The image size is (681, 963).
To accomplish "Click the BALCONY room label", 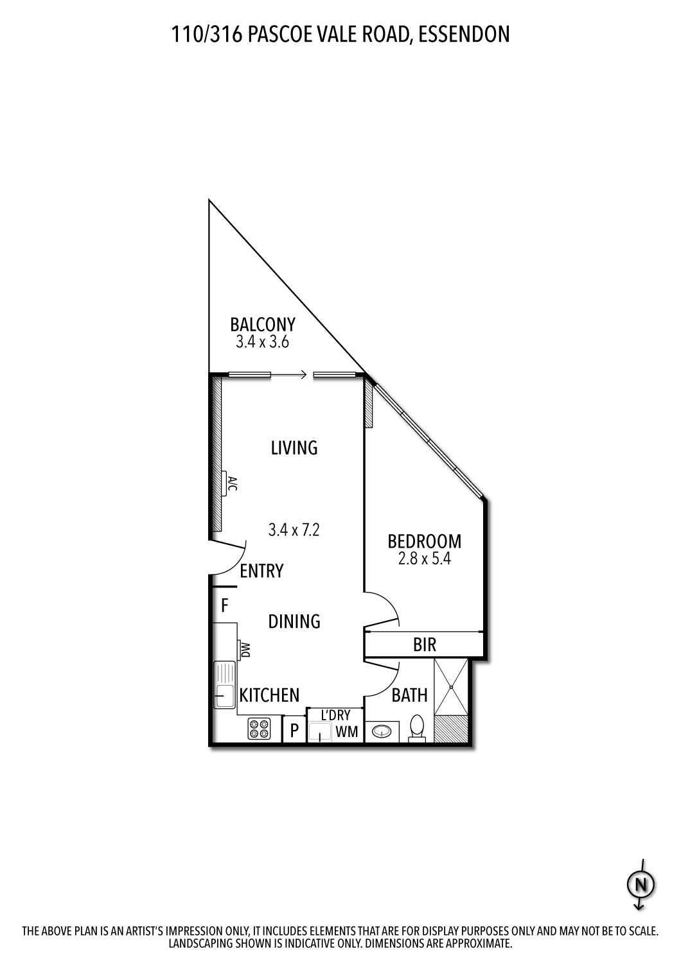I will point(263,324).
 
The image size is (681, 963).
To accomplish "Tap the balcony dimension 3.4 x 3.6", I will point(262,342).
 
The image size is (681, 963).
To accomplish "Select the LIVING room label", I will point(294,447).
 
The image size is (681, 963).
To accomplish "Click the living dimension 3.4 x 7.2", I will point(294,530).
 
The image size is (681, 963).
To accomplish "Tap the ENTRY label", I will point(261,571).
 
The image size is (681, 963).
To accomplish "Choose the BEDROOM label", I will point(424,542).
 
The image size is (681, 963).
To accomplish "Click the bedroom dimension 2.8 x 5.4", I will point(424,559).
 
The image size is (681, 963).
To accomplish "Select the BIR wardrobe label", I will point(425,645).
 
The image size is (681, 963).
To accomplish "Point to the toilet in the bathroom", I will point(417,729).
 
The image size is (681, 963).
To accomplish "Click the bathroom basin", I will point(381,731).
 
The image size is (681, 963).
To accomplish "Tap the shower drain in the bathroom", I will point(452,686).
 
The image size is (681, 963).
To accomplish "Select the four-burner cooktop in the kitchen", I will point(260,729).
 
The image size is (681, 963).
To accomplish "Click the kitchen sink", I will point(224,685).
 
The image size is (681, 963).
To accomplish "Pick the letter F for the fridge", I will point(225,605).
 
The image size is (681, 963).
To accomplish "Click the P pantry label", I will point(295,731).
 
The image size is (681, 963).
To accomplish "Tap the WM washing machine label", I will point(347,732).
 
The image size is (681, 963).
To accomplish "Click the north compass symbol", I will point(640,885).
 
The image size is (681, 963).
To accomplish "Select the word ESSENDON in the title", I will point(464,34).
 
